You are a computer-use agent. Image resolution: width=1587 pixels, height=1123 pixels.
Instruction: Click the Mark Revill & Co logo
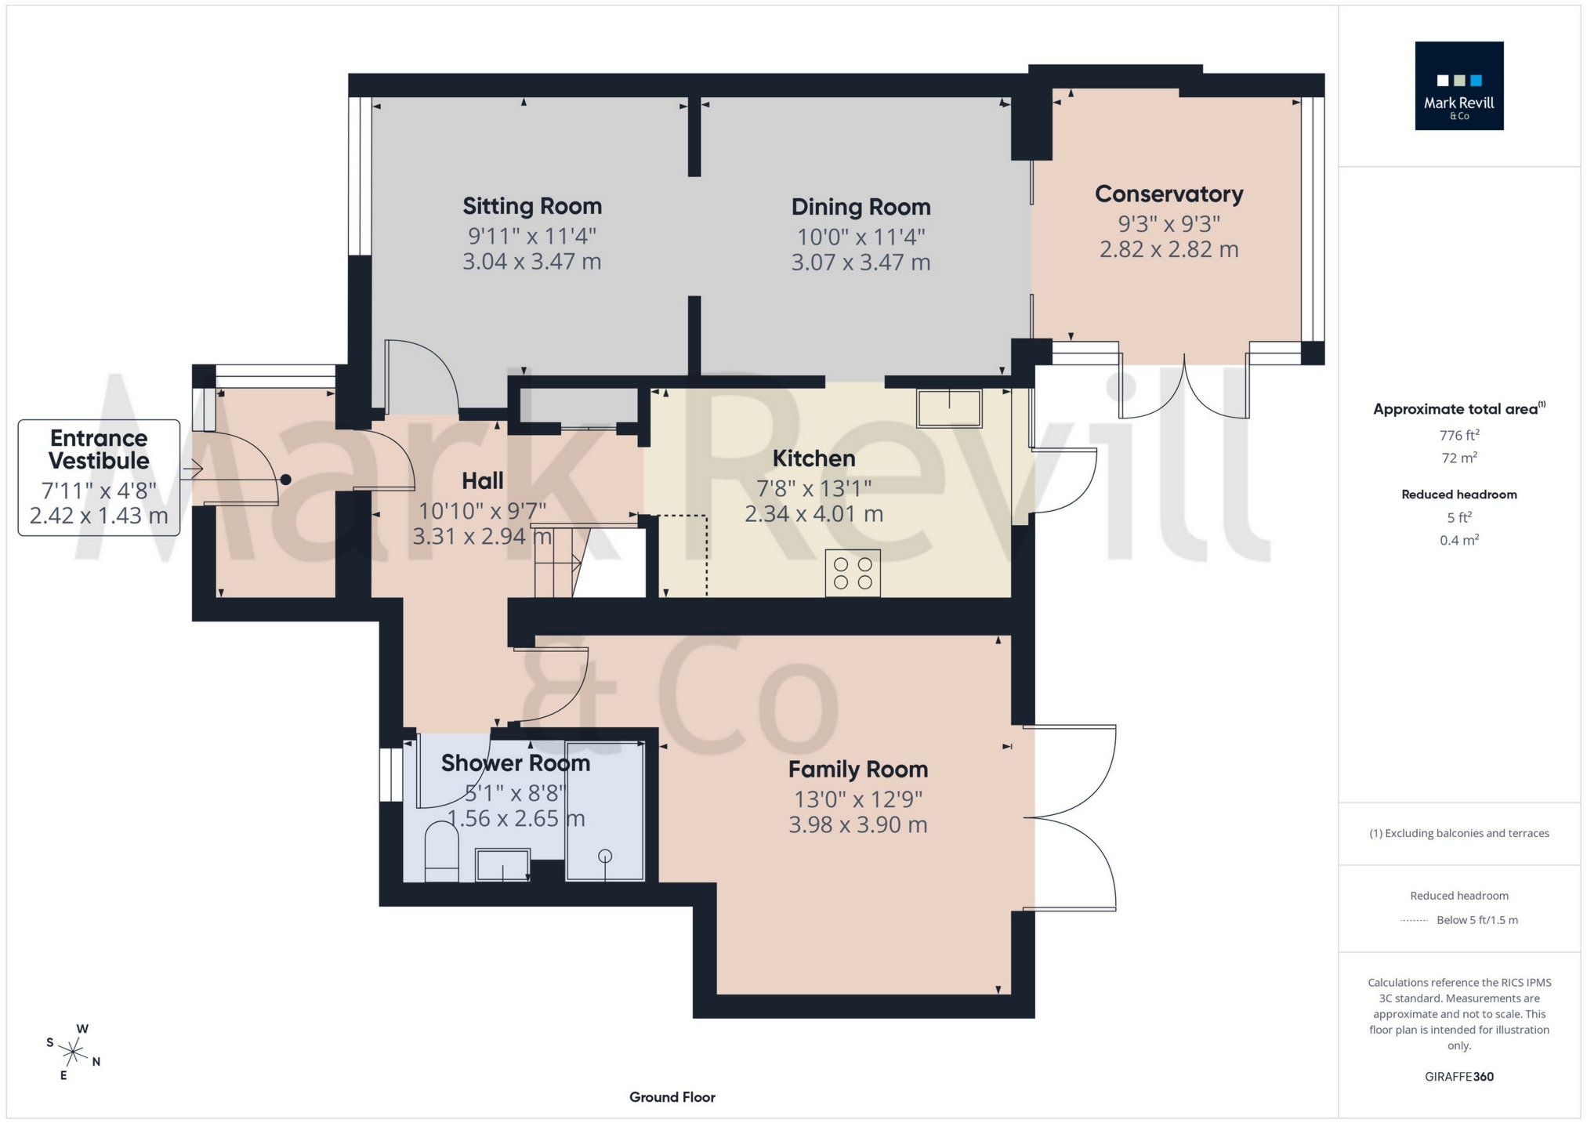click(x=1458, y=85)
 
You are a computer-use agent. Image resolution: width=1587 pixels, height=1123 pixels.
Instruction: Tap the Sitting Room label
click(x=532, y=206)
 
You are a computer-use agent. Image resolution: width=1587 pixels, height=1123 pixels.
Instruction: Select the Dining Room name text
click(x=861, y=207)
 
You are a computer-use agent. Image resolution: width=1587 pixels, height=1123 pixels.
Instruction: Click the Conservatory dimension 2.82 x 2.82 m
click(x=1169, y=249)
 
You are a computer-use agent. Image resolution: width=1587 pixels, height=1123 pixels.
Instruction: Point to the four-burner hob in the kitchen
click(x=853, y=573)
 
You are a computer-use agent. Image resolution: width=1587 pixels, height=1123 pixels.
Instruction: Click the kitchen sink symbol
click(x=949, y=408)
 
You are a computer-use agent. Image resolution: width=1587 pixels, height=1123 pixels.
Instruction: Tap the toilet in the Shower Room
click(x=441, y=852)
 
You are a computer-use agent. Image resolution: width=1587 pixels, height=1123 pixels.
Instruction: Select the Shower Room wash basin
click(x=502, y=865)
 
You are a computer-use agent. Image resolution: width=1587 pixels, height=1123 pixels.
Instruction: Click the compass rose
click(x=73, y=1052)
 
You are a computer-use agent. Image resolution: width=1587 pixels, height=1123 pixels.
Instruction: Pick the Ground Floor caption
click(x=672, y=1097)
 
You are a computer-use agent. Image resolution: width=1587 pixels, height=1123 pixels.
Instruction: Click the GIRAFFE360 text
click(x=1458, y=1077)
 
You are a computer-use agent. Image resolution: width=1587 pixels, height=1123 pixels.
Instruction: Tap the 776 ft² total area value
click(x=1458, y=435)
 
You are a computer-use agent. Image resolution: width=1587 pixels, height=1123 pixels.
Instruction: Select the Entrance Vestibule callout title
click(x=99, y=449)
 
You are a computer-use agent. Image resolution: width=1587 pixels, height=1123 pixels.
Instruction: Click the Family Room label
click(x=857, y=770)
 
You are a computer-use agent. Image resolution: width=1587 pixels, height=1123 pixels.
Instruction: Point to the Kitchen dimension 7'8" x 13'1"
click(x=813, y=488)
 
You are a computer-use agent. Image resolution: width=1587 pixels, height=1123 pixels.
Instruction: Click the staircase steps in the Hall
click(x=556, y=562)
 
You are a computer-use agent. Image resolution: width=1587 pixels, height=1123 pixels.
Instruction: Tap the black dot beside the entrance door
click(x=286, y=480)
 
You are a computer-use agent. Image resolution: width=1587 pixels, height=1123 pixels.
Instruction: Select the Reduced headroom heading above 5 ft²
click(x=1458, y=494)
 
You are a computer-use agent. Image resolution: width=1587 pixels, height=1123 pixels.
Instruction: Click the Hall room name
click(x=482, y=480)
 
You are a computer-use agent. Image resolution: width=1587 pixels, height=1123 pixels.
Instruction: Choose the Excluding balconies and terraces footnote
click(x=1458, y=833)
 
